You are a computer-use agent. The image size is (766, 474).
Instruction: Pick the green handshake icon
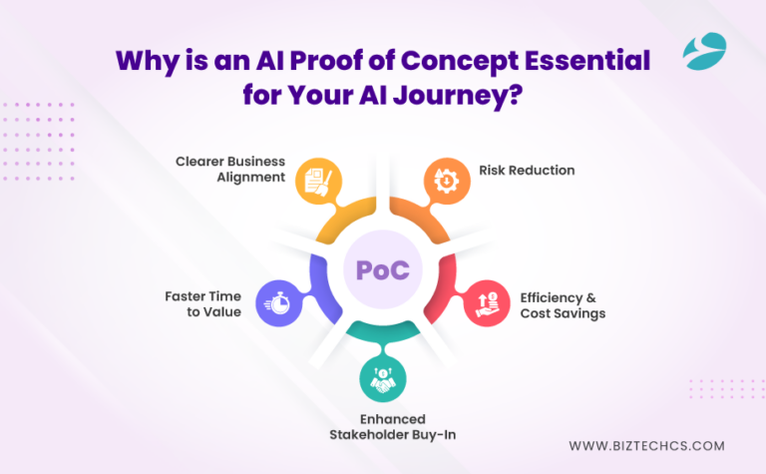coord(382,380)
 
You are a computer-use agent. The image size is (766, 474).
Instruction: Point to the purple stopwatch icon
coord(275,303)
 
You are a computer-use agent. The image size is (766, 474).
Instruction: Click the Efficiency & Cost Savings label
coord(563,304)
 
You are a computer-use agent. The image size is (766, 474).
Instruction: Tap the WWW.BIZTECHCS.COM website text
coord(646,446)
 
